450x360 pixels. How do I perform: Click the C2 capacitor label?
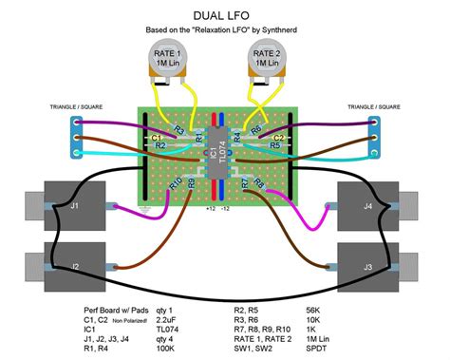[x=279, y=138]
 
